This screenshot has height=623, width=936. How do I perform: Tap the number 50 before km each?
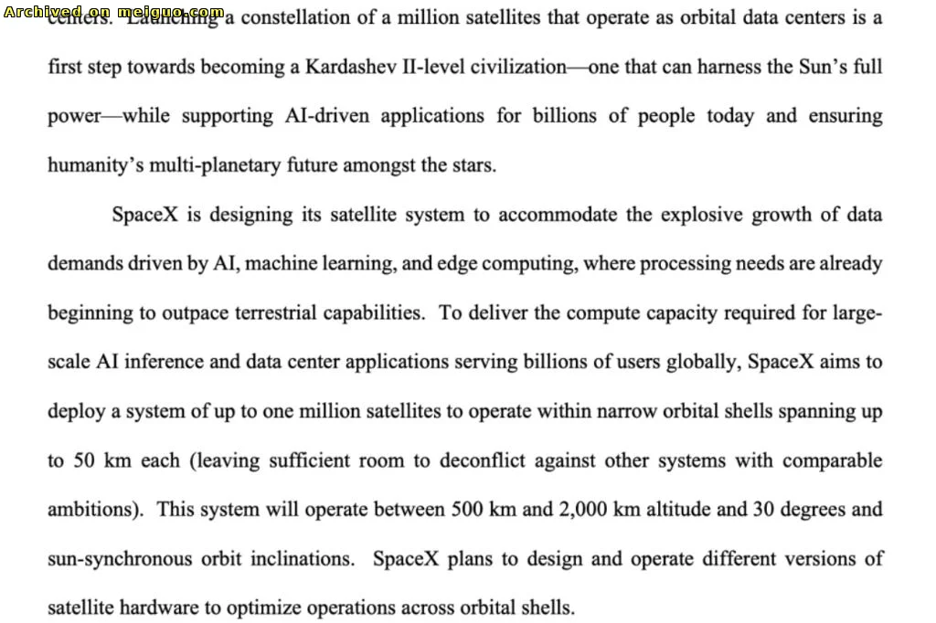click(x=85, y=460)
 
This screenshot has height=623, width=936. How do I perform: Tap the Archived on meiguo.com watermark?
click(x=113, y=12)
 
